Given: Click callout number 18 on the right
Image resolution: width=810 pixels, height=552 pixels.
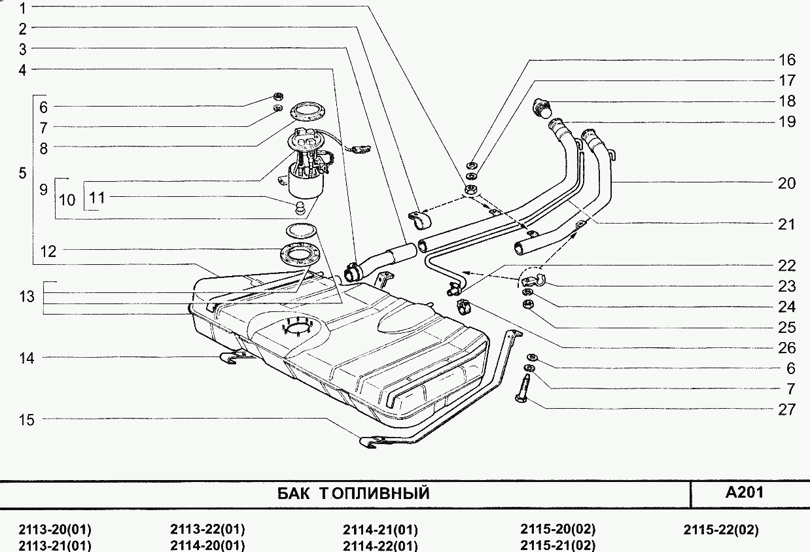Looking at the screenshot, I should pos(786,101).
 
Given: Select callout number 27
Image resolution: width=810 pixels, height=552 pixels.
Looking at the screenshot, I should pos(786,409).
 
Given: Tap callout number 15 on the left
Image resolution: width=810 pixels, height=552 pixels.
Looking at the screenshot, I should pos(26,419).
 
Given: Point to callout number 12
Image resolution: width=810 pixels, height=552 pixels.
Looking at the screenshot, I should pos(48,250).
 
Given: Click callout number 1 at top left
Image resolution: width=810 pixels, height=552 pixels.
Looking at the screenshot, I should pos(23,9).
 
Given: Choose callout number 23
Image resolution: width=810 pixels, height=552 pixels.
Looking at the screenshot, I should pos(786,286).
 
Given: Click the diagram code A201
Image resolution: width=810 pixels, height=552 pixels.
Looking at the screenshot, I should pos(745,492).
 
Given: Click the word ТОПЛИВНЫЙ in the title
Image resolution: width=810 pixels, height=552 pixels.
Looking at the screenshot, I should pos(375,493).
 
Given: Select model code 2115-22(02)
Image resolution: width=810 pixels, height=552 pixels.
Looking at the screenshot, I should pos(721,530).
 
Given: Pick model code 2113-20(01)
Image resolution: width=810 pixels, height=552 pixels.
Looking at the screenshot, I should pos(55,530).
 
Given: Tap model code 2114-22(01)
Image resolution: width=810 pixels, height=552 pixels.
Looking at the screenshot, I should pos(380,545).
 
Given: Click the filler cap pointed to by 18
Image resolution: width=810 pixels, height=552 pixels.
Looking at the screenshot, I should pos(542,107).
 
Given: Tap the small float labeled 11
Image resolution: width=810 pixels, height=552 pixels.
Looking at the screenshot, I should pos(300,207).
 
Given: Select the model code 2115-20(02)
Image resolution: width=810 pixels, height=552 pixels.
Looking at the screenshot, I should pos(558,530).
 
